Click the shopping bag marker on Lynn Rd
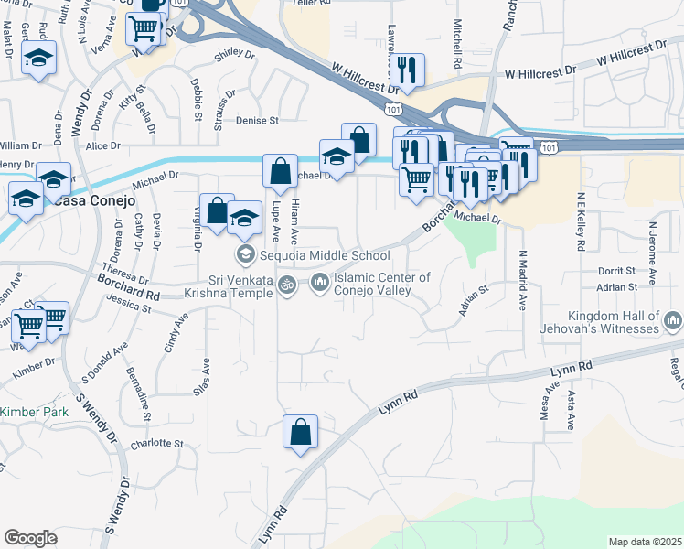[300, 433]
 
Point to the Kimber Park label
[34, 413]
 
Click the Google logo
[30, 538]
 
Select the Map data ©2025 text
[646, 542]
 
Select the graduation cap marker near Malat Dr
[36, 60]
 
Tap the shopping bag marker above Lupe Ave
[279, 170]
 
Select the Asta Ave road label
[572, 411]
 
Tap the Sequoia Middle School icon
[245, 254]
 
